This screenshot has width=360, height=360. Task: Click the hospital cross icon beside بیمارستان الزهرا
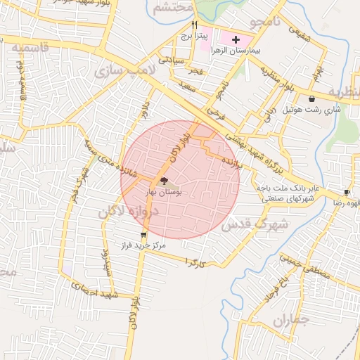(236, 39)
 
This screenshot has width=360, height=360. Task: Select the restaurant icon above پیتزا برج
(185, 24)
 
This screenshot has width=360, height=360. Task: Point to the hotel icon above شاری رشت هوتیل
(311, 99)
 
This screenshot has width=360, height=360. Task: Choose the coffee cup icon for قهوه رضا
(347, 192)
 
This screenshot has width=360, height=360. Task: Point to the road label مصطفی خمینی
(304, 265)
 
